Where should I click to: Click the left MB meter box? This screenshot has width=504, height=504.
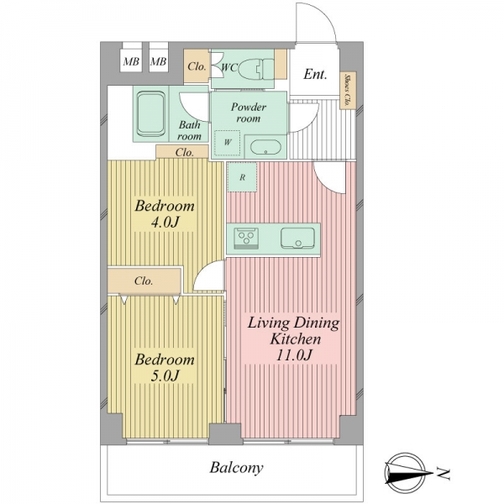131,60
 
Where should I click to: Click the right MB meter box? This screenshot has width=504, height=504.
159,60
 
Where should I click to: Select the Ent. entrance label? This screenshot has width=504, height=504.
315,75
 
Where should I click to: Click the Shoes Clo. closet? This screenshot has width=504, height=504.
348,91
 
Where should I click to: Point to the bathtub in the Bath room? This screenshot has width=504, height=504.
151,113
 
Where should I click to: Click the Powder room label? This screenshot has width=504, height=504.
249,113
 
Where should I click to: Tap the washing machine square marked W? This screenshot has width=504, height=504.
228,143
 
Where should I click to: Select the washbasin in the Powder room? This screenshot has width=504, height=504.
265,148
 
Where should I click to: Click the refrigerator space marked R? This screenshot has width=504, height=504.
243,177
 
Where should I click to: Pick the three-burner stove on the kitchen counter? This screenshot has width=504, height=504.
246,239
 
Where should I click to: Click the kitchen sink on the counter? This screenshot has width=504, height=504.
297,239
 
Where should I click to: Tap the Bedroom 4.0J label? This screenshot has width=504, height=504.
165,213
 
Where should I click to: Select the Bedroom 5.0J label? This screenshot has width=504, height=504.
165,367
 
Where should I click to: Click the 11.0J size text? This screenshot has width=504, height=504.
294,355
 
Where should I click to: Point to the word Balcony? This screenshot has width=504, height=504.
236,468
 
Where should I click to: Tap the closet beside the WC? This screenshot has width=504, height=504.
197,66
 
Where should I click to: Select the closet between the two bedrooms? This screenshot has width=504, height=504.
144,281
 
